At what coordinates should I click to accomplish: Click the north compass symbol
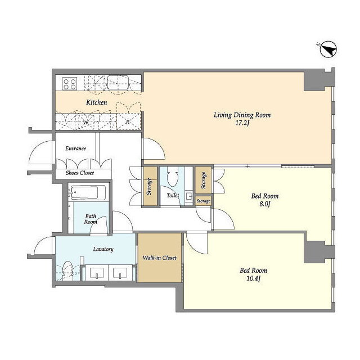tap(328, 49)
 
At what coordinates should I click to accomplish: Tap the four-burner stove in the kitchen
tap(70, 84)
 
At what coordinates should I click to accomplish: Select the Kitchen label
tap(97, 102)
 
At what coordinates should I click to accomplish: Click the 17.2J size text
tap(242, 123)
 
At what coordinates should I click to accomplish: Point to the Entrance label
tap(76, 148)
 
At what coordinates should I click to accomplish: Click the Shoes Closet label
tap(80, 173)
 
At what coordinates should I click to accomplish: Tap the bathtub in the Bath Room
tap(88, 193)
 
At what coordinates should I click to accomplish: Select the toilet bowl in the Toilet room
tap(173, 177)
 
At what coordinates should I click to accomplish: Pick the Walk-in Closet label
tap(160, 258)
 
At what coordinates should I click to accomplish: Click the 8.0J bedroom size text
tap(265, 204)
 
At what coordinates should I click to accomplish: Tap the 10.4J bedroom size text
tap(253, 278)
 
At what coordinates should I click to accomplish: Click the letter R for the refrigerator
tap(128, 123)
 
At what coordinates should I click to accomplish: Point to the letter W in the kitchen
tap(85, 123)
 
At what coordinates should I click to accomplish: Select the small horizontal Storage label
tap(204, 201)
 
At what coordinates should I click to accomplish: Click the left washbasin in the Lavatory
tap(97, 273)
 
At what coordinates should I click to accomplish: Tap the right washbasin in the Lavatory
tap(120, 273)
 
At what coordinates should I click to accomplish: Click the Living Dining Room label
tap(242, 115)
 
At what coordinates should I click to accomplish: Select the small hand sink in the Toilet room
tap(189, 196)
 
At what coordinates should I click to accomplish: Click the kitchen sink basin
tap(118, 82)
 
